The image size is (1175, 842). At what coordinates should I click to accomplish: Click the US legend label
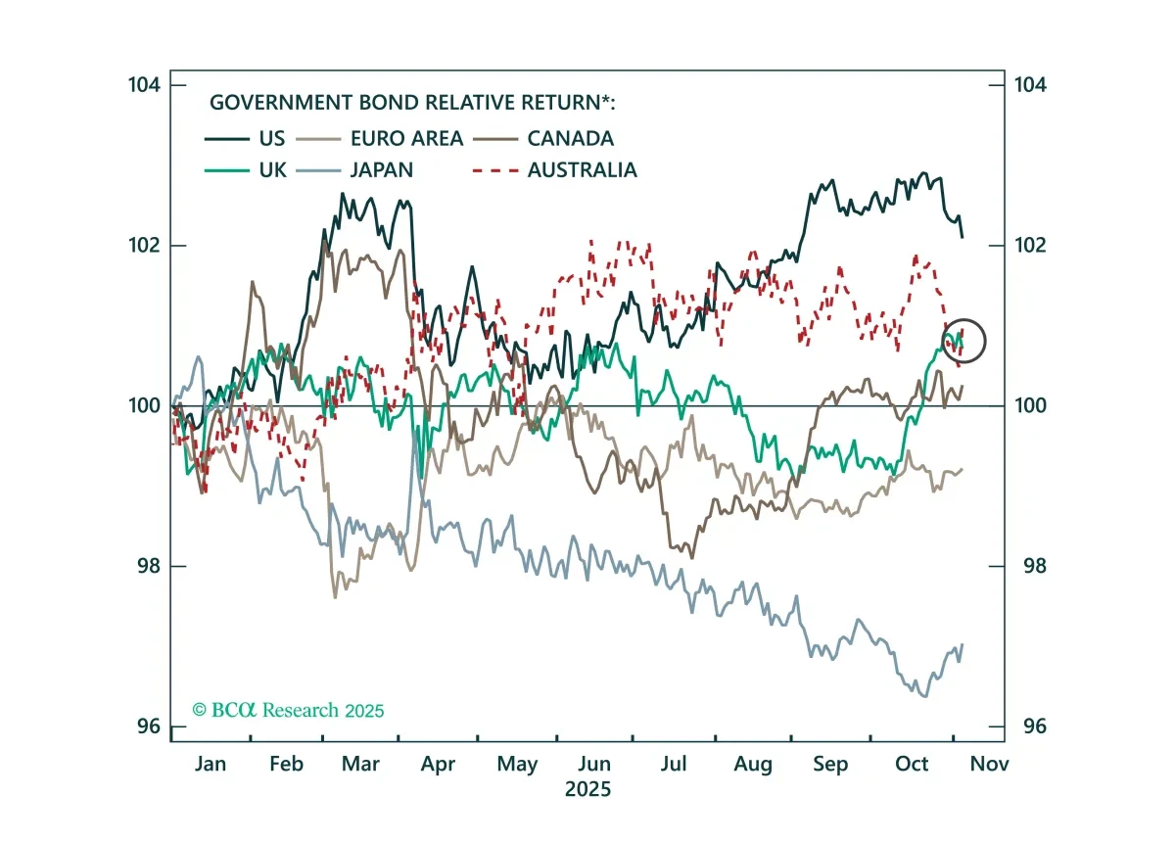pyautogui.click(x=272, y=138)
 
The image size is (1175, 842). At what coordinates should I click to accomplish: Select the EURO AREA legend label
pyautogui.click(x=406, y=138)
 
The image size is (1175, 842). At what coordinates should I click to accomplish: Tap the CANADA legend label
pyautogui.click(x=570, y=138)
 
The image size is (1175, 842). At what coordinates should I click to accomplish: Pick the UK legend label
pyautogui.click(x=273, y=170)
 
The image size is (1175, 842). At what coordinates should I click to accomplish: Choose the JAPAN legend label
pyautogui.click(x=381, y=170)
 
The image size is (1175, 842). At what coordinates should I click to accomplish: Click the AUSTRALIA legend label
pyautogui.click(x=583, y=170)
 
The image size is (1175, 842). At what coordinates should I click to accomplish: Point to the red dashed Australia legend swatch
pyautogui.click(x=495, y=170)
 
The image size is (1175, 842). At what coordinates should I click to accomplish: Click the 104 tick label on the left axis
pyautogui.click(x=144, y=84)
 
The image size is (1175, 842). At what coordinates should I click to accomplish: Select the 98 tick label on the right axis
pyautogui.click(x=1034, y=566)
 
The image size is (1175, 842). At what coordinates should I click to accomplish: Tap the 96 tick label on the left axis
pyautogui.click(x=149, y=726)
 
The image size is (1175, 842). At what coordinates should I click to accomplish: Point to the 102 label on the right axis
pyautogui.click(x=1030, y=245)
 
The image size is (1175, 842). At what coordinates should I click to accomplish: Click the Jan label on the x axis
pyautogui.click(x=211, y=764)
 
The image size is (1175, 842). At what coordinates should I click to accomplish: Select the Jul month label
pyautogui.click(x=673, y=764)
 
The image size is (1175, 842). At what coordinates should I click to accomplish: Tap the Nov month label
pyautogui.click(x=989, y=764)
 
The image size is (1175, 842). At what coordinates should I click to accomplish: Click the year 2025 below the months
pyautogui.click(x=588, y=789)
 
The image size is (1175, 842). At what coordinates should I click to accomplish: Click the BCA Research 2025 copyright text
pyautogui.click(x=288, y=711)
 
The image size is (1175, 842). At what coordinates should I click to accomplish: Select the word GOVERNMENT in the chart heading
pyautogui.click(x=281, y=102)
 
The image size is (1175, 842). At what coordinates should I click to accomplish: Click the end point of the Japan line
pyautogui.click(x=962, y=644)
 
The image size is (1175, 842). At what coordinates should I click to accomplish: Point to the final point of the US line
pyautogui.click(x=962, y=238)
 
